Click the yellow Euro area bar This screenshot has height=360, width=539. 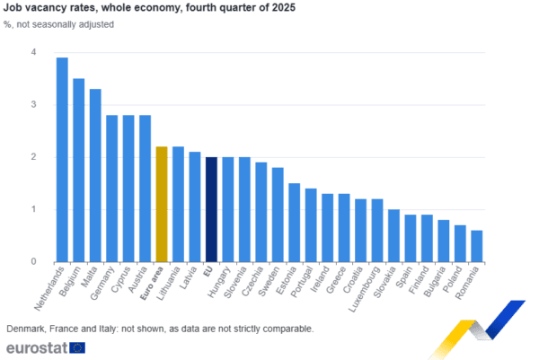point(162,204)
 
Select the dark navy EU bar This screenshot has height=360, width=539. point(211,209)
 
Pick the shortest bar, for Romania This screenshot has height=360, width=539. point(477,246)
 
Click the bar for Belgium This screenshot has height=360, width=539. point(78,171)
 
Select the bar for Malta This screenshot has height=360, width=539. point(95,176)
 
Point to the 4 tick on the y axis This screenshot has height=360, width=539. point(33,52)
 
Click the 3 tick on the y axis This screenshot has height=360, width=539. point(33,105)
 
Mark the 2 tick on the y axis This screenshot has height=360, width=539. point(33,157)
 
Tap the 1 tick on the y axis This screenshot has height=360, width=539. point(33,209)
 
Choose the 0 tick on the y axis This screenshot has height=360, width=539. point(33,261)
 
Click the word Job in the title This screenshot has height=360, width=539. point(14,7)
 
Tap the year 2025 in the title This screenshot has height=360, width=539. point(281,7)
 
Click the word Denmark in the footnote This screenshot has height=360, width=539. point(25,329)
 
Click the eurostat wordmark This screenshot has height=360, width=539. point(36,347)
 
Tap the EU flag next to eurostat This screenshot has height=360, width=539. point(77,347)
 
